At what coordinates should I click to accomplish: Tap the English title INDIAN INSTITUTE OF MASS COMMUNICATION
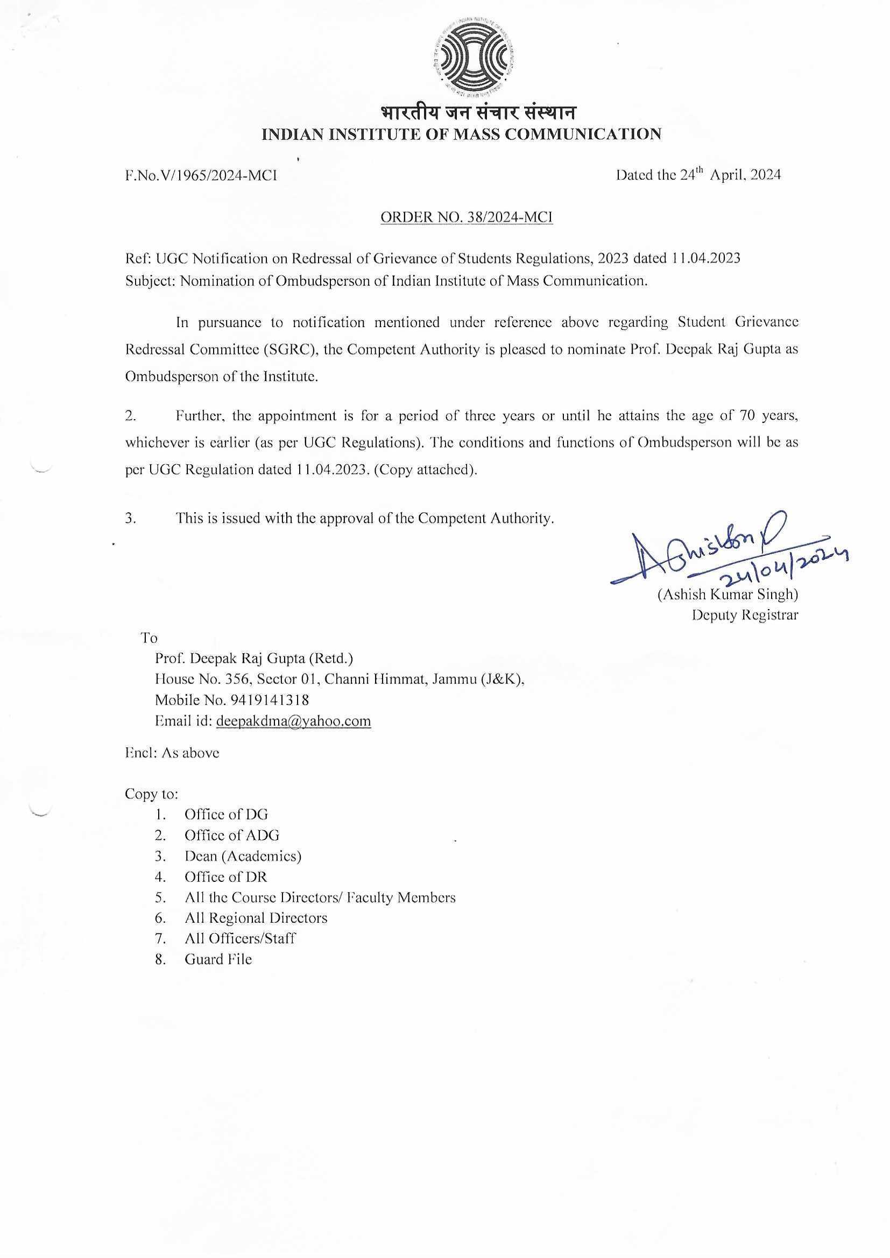pyautogui.click(x=462, y=134)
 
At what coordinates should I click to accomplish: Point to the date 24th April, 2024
pyautogui.click(x=698, y=175)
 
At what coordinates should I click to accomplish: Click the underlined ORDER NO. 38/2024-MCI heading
pyautogui.click(x=467, y=217)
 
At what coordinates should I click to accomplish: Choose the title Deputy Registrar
pyautogui.click(x=745, y=616)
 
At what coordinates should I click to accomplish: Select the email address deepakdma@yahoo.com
pyautogui.click(x=293, y=721)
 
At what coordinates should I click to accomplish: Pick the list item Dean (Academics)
pyautogui.click(x=243, y=856)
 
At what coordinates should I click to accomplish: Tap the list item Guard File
pyautogui.click(x=218, y=959)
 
